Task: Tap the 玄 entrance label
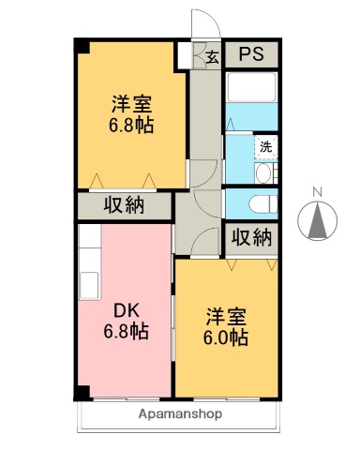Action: [212, 57]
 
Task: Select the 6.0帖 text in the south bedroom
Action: [227, 337]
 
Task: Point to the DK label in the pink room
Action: [126, 309]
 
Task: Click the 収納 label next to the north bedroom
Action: [124, 205]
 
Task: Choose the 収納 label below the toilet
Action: [250, 237]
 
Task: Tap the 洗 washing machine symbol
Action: [265, 146]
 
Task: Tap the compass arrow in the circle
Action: [316, 221]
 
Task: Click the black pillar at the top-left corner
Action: [82, 45]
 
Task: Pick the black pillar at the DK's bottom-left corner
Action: [83, 392]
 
